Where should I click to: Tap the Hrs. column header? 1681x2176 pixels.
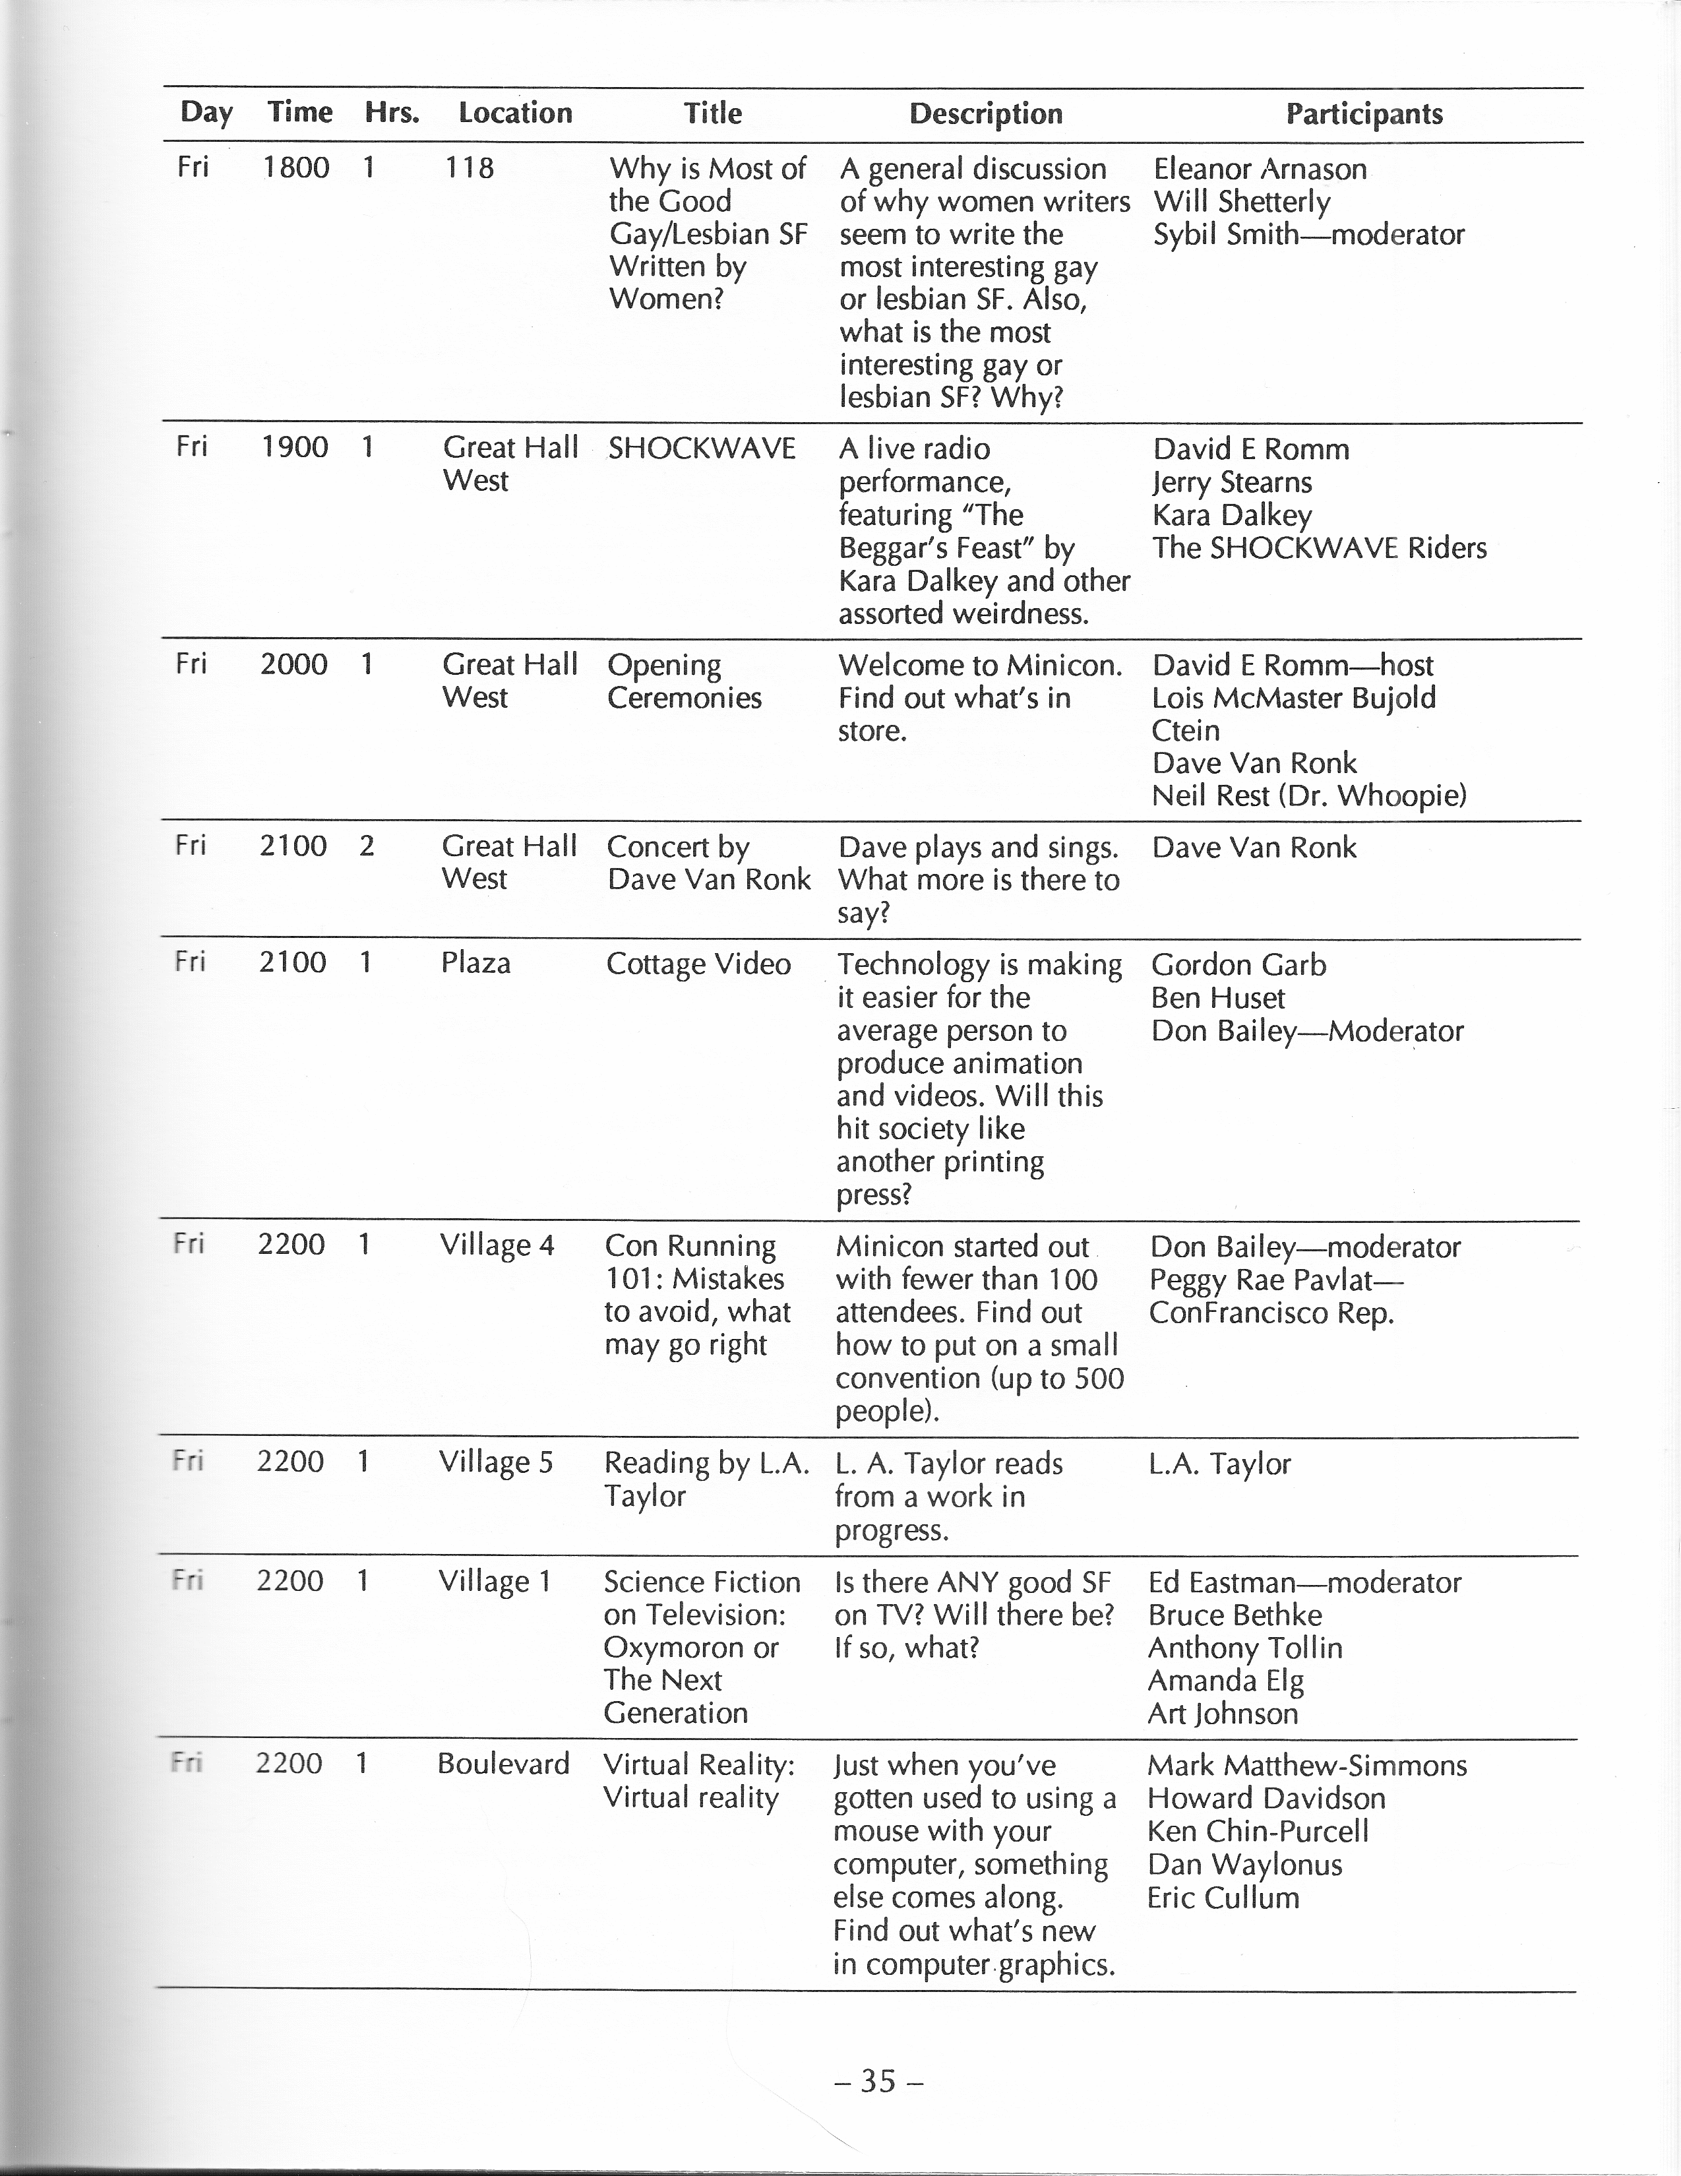coord(392,113)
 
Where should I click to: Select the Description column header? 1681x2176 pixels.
coord(985,113)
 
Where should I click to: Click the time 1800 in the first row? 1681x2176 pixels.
coord(296,168)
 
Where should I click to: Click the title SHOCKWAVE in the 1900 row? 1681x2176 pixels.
coord(702,449)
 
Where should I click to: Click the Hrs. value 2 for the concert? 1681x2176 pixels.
coord(367,846)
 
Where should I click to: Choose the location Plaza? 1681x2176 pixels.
coord(475,962)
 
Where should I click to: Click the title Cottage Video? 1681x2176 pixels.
coord(698,964)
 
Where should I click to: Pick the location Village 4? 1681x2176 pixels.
coord(496,1245)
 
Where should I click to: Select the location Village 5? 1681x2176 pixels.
coord(495,1462)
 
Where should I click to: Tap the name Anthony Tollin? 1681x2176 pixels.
coord(1244,1647)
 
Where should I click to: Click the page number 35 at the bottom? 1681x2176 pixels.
coord(878,2080)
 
